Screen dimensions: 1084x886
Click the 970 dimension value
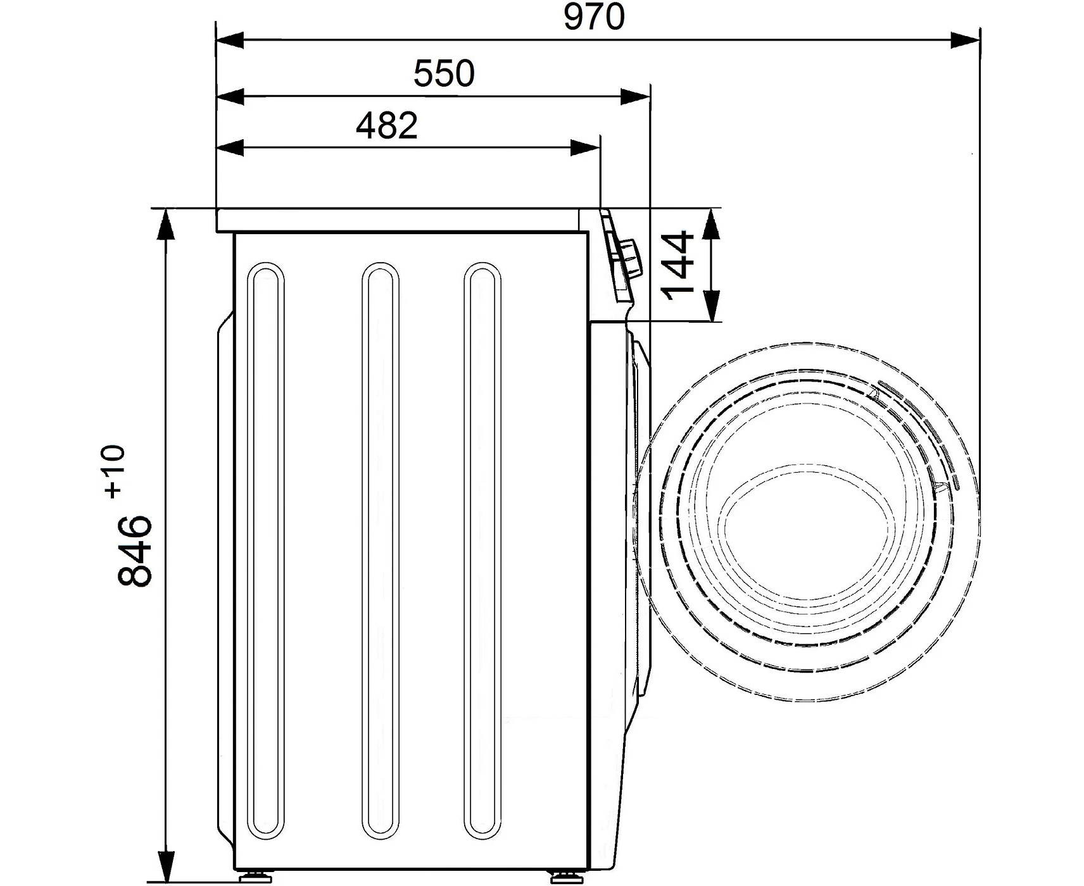[594, 17]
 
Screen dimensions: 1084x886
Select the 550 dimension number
[444, 73]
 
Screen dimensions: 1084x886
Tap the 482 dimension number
[387, 126]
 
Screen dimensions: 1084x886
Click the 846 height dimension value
[135, 550]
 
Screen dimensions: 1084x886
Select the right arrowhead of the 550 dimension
[635, 97]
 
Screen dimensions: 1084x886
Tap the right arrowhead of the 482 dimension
[585, 148]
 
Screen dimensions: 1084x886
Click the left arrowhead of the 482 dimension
[231, 148]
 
